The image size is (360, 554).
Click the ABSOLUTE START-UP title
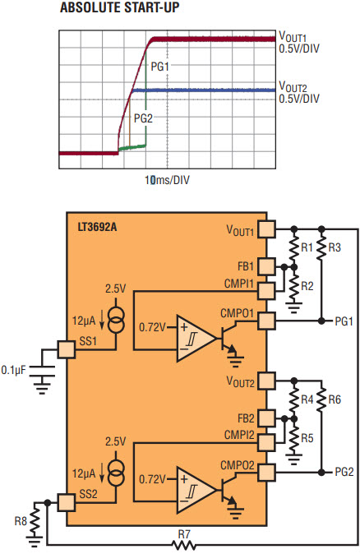coord(119,7)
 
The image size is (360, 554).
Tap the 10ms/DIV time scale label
coord(167,180)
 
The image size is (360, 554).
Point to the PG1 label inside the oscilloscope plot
coord(160,67)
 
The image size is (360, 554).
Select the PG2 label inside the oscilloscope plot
coord(143,118)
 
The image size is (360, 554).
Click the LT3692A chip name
coord(97,227)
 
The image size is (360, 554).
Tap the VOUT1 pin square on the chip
coord(266,229)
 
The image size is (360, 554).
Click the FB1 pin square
coord(266,266)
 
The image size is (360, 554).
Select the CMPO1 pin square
coord(266,321)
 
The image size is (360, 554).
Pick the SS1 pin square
coord(66,350)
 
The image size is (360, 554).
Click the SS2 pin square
coord(66,502)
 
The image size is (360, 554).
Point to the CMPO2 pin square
coord(266,473)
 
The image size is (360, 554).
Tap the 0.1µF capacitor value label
coord(13,370)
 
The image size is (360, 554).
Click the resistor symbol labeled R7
coord(184,545)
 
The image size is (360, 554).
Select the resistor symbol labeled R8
coord(35,521)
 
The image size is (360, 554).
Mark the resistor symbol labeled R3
coord(321,247)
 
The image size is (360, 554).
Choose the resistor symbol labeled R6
coord(321,399)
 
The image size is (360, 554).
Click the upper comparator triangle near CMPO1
coord(196,339)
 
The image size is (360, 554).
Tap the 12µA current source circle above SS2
coord(116,473)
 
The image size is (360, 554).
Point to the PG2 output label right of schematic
coord(344,472)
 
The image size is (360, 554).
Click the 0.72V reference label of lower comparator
coord(152,479)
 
